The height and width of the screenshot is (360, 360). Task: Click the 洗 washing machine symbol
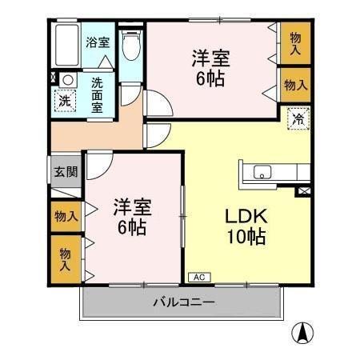click(64, 101)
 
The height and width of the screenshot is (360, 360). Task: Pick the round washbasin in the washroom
click(67, 80)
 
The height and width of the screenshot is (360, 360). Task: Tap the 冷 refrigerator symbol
click(297, 119)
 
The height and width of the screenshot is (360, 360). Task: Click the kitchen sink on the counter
click(263, 171)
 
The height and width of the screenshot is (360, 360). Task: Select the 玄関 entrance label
click(65, 171)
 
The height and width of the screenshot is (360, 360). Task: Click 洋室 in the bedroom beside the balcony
click(129, 206)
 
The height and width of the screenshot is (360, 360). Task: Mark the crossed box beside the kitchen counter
click(303, 192)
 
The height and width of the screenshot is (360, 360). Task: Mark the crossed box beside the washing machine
click(54, 78)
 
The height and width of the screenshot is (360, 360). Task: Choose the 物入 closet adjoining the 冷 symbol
click(295, 85)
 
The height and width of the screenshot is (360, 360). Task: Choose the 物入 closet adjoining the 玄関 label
click(66, 216)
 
